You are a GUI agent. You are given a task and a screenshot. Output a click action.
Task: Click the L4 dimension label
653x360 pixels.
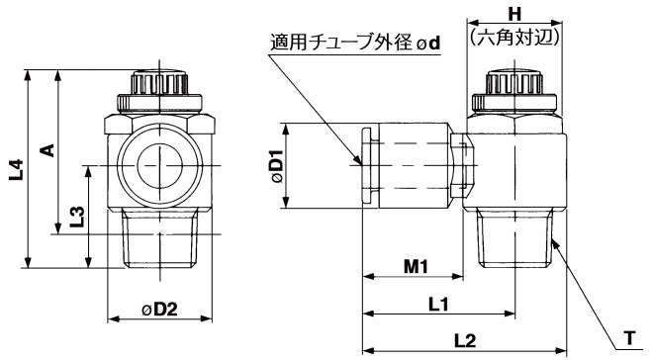pos(16,169)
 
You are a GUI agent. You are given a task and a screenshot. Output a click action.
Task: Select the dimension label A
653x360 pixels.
pos(48,149)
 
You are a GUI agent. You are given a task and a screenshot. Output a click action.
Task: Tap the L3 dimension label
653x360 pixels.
pos(77,217)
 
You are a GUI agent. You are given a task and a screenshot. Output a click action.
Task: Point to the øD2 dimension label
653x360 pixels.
pos(160,310)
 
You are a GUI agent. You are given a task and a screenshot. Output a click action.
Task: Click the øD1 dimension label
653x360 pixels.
pos(277,166)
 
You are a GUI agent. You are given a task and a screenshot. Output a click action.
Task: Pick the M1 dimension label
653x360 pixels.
pos(416,266)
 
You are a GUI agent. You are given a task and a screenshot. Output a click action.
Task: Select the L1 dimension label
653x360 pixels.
pos(438,305)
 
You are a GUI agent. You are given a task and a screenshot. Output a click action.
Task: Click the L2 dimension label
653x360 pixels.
pos(465,341)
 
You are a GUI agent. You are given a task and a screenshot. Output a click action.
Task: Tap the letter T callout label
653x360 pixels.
pos(629,337)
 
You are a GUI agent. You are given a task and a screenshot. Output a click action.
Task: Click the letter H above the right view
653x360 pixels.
pos(514,15)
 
